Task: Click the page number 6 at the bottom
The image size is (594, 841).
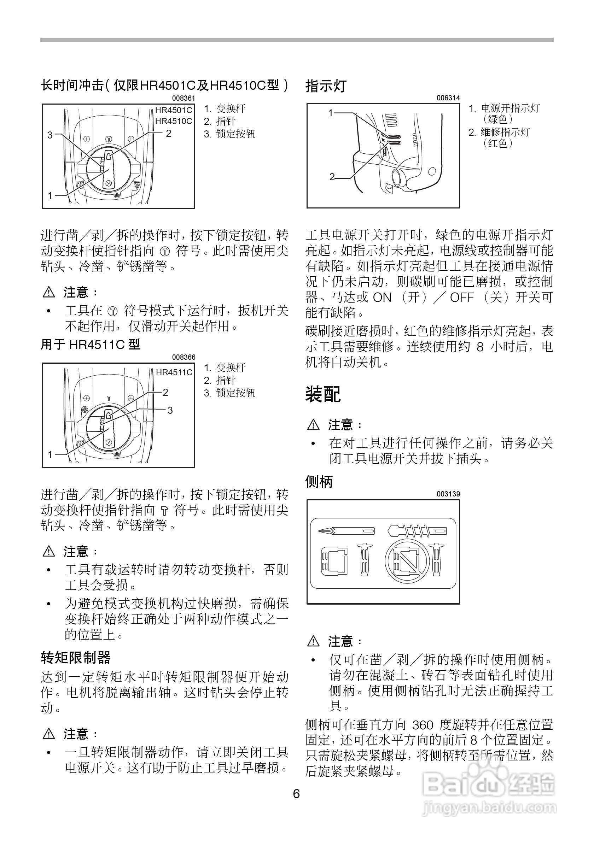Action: pos(296,793)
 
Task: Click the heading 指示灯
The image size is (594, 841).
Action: pos(326,87)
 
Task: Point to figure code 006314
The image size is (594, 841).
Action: pos(448,98)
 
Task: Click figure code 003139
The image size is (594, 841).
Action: pos(448,494)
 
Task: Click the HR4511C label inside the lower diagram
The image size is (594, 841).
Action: pos(174,372)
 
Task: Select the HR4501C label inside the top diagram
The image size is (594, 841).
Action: pos(173,110)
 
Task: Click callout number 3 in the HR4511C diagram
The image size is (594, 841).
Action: pos(170,410)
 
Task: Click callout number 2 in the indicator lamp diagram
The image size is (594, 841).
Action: pos(332,177)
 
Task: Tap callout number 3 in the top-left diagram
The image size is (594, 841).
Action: pos(50,135)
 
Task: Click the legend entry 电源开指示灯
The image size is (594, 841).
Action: pos(510,108)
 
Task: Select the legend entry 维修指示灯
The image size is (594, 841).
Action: pos(505,132)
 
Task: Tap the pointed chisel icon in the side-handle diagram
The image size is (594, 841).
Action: pos(346,530)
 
